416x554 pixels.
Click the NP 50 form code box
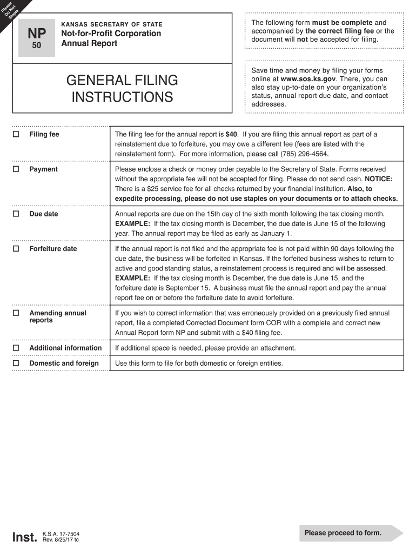(37, 38)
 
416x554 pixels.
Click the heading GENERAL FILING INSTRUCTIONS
(122, 89)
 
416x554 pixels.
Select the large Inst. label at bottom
(25, 537)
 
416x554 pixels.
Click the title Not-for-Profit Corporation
(111, 34)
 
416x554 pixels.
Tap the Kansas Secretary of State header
(112, 24)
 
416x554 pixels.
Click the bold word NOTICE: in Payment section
(379, 179)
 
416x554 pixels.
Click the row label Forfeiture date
(53, 249)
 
